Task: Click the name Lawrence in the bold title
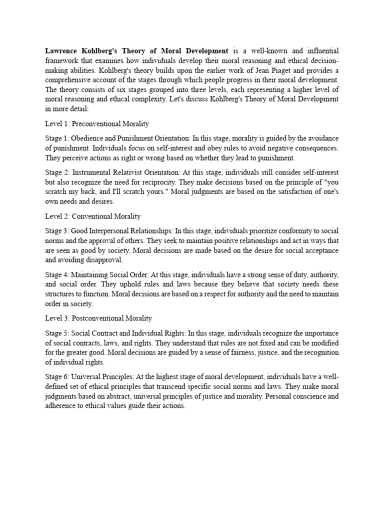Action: point(62,51)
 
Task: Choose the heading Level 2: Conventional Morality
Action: point(92,216)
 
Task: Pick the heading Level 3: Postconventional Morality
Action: point(98,318)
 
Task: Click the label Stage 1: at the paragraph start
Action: point(56,137)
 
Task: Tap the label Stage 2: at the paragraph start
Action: point(56,172)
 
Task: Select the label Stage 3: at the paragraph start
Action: point(56,231)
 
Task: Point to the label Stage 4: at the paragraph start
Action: point(56,274)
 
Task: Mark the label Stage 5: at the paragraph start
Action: point(56,333)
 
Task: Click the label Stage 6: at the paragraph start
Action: point(56,376)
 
